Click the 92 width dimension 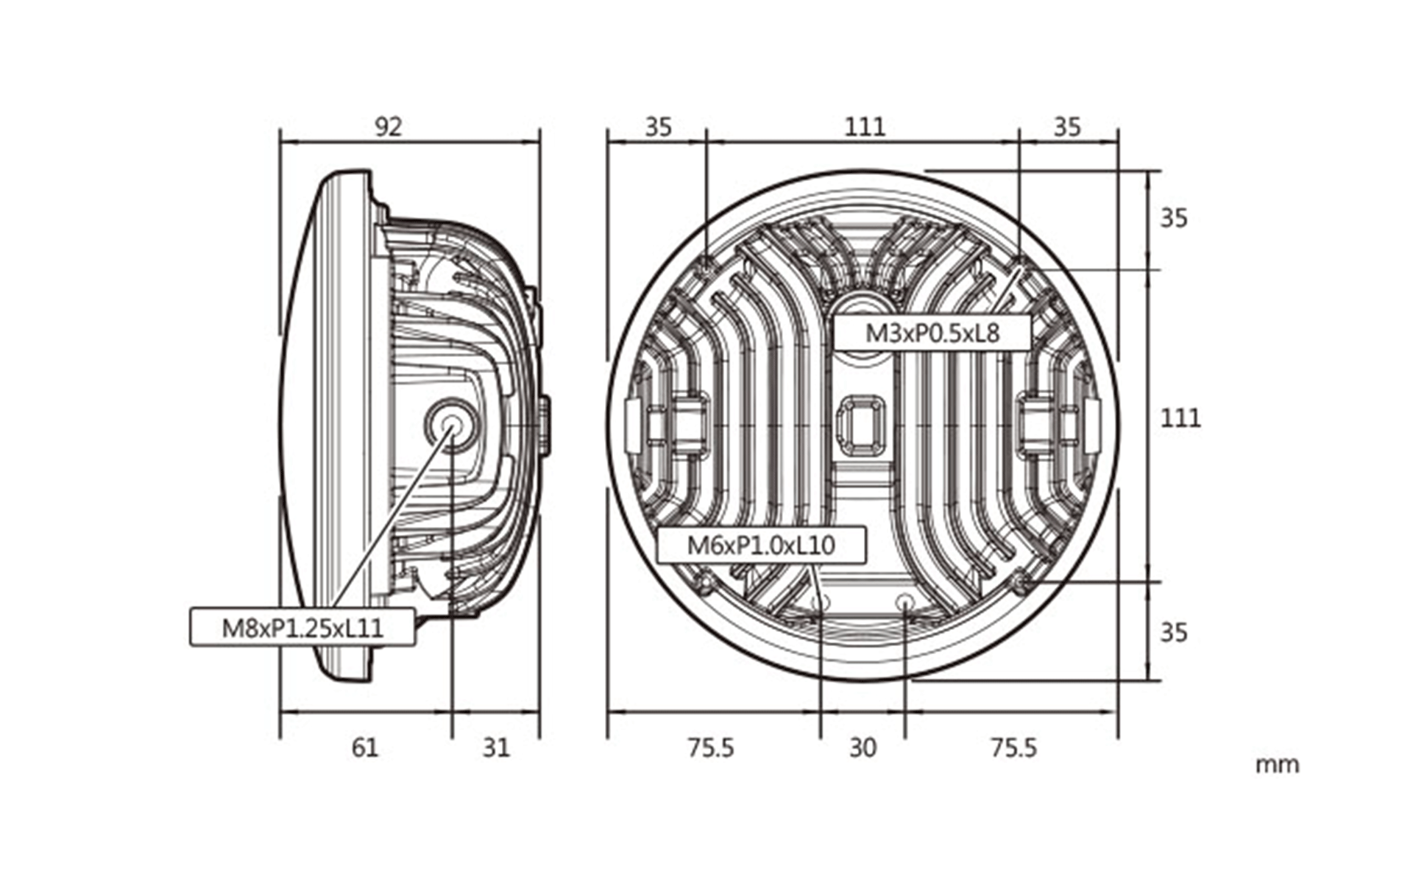(389, 127)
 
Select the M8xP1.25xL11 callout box (302, 627)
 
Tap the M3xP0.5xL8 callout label (932, 333)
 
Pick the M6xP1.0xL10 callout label (761, 545)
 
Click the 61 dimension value (365, 748)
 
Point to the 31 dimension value (496, 748)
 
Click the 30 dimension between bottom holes (863, 748)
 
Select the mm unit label (1277, 765)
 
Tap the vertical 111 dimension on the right (1180, 418)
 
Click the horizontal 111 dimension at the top (865, 127)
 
